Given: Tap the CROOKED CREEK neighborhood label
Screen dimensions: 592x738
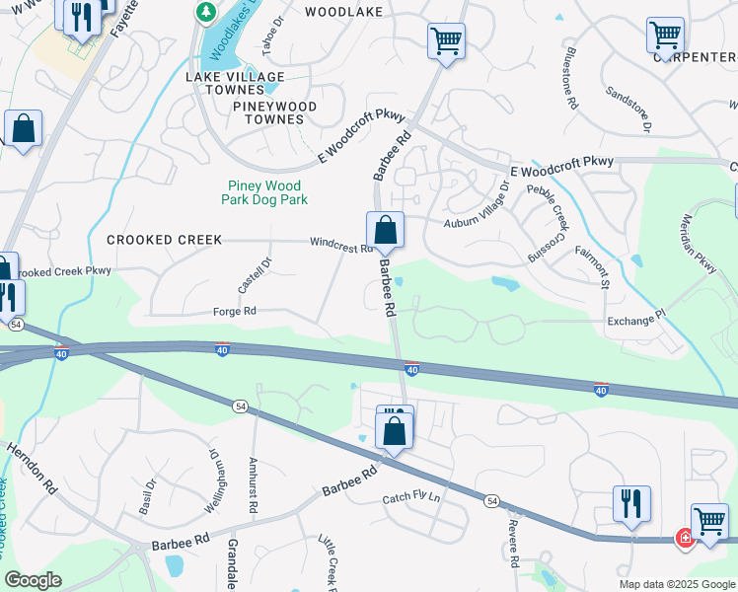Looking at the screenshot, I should (x=165, y=240).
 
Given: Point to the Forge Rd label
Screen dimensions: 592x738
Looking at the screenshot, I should (x=235, y=311).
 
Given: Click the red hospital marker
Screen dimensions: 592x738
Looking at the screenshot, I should (x=684, y=539).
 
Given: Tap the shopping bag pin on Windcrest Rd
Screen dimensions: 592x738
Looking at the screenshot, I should (x=385, y=231).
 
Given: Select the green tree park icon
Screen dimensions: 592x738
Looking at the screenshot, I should (x=206, y=13).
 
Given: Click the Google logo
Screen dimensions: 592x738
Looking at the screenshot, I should (x=34, y=581).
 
